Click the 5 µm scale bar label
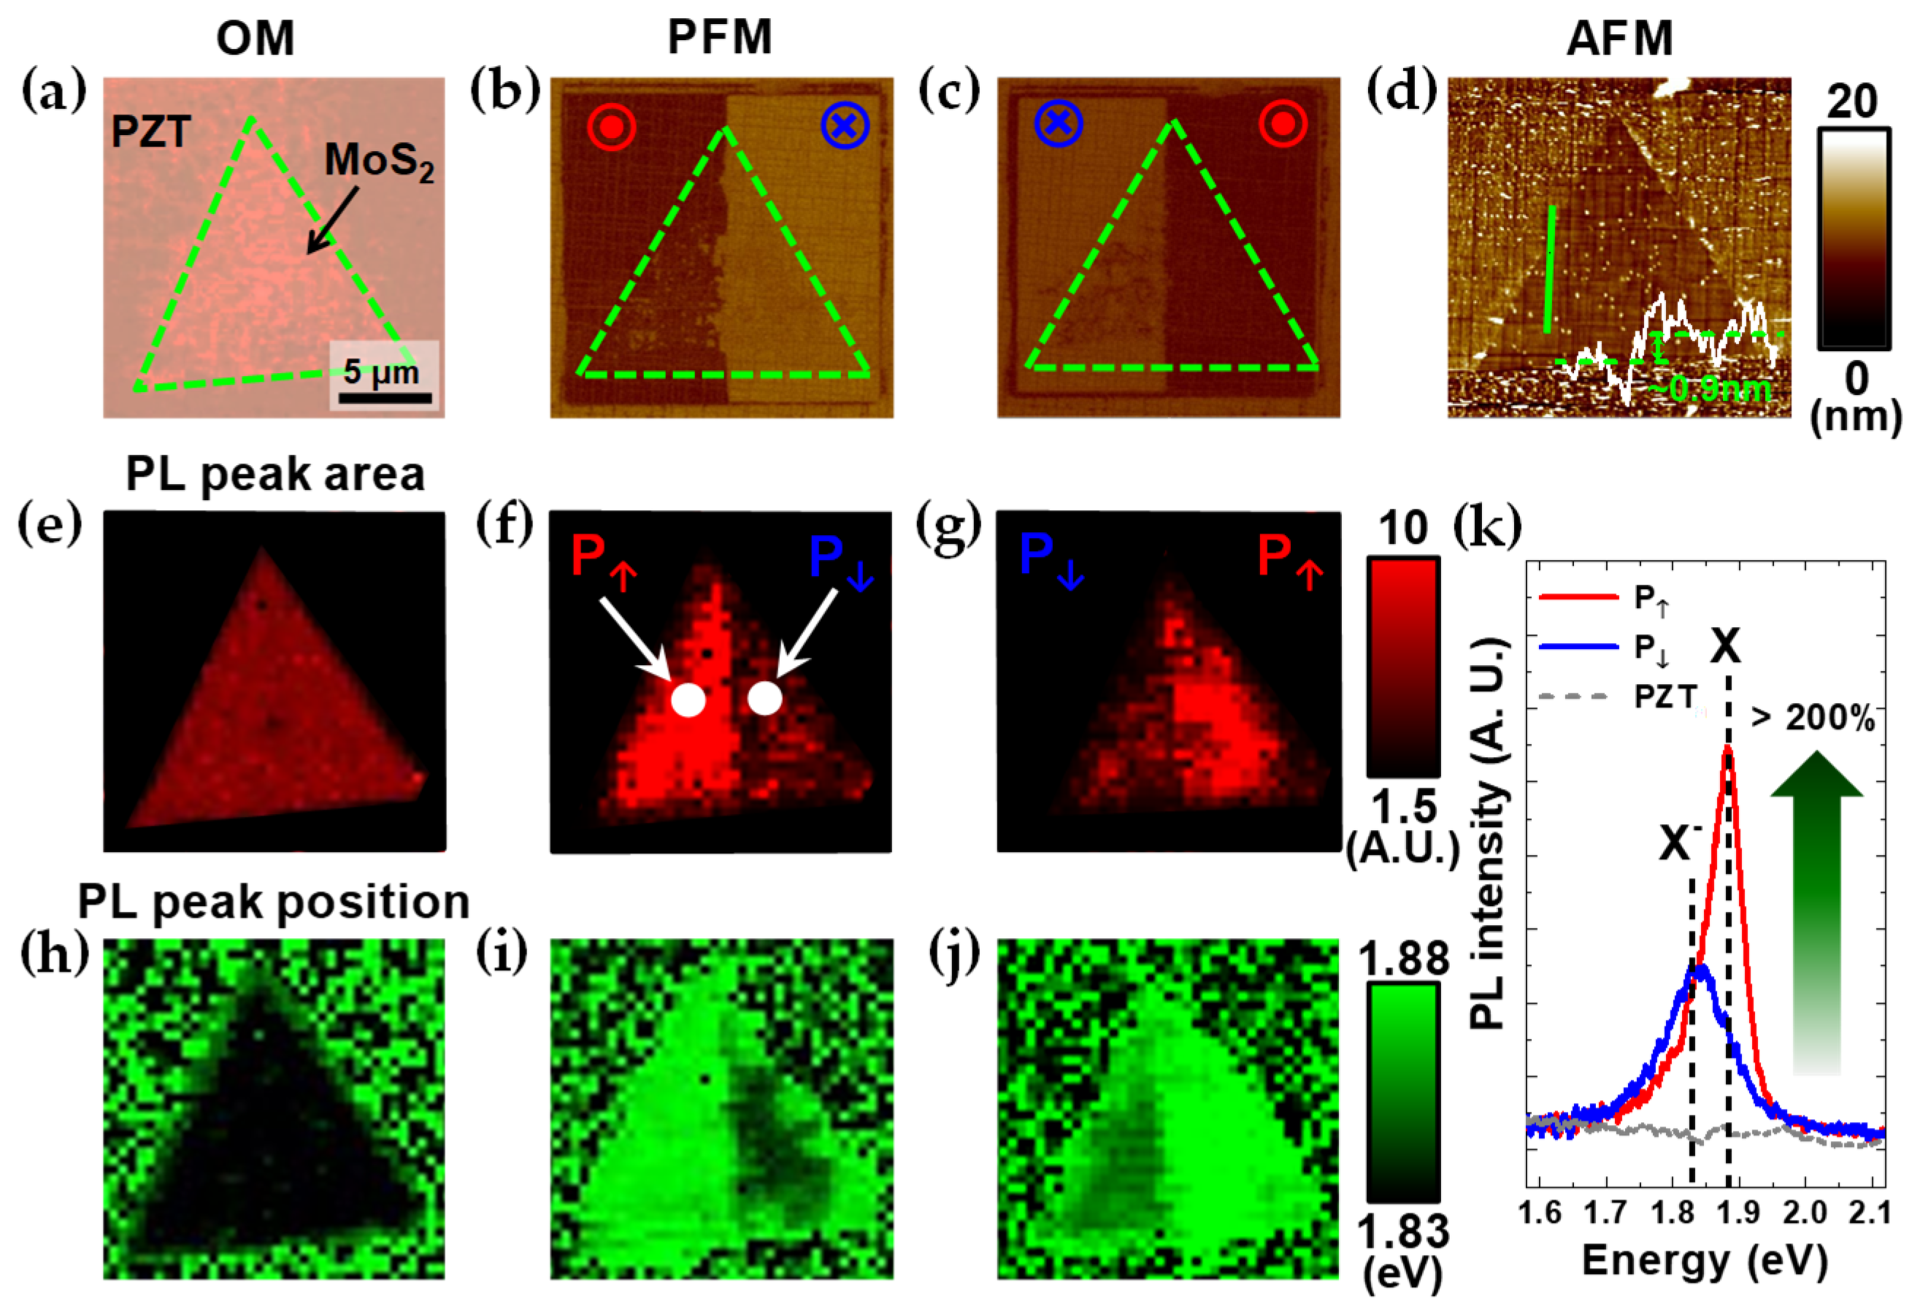(381, 372)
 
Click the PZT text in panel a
(151, 132)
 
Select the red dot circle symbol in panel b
(611, 126)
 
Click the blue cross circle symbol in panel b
(845, 126)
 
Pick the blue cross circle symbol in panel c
(1059, 124)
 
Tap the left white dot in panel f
(688, 699)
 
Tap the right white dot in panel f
(764, 698)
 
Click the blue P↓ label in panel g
(1051, 559)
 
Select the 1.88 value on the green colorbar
(1403, 959)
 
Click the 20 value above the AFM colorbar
(1851, 102)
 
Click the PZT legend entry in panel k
(1664, 697)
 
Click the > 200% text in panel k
(1813, 717)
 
